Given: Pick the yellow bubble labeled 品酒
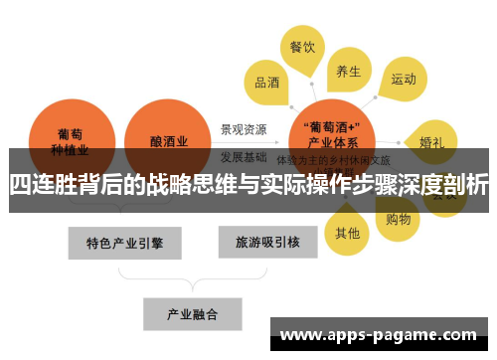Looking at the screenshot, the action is [x=267, y=84].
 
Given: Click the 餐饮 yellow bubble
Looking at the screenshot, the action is [x=302, y=48].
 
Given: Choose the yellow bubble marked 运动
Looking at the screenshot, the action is [x=403, y=79].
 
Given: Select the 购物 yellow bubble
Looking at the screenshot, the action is [x=398, y=217].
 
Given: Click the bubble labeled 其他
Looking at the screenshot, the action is [x=347, y=233].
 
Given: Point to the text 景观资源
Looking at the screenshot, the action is [x=244, y=129].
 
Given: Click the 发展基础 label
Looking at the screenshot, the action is [x=244, y=156].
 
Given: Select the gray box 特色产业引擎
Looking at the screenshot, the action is [x=124, y=242].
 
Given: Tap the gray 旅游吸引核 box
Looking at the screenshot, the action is [x=261, y=242].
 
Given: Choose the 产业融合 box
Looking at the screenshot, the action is [x=192, y=313].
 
